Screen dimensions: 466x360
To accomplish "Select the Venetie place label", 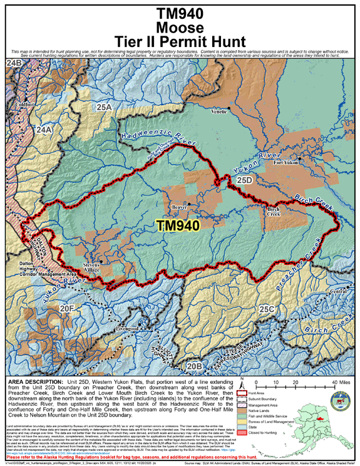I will (x=219, y=111).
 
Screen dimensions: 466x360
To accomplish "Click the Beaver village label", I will (x=179, y=205).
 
